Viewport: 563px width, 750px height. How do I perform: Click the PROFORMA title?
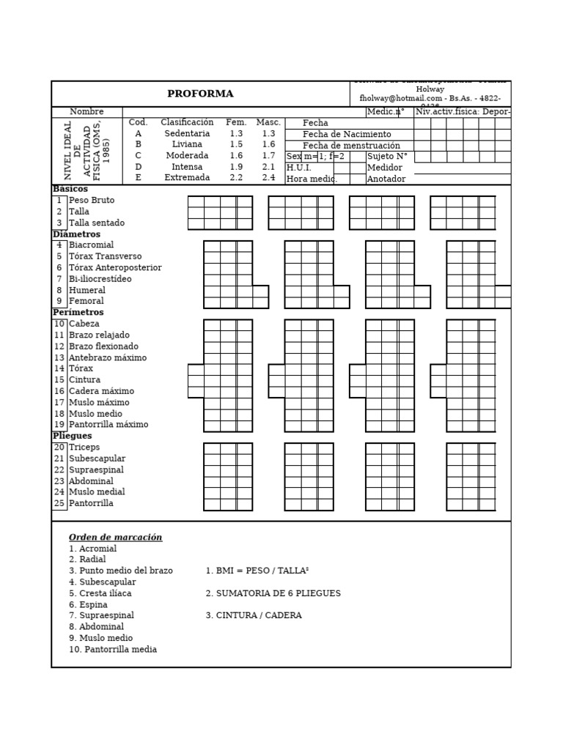[x=200, y=94]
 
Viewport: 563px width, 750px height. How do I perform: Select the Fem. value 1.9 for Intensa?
[x=235, y=167]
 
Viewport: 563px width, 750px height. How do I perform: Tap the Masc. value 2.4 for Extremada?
[x=268, y=178]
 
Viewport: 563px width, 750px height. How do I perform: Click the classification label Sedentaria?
[x=187, y=134]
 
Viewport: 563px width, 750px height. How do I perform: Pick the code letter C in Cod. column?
[x=138, y=156]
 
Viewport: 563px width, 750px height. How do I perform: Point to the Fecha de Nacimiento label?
[x=347, y=135]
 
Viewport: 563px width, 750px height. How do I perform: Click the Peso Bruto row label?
[x=92, y=201]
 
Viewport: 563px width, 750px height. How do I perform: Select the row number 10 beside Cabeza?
[x=59, y=324]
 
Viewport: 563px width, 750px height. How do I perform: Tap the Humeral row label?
[x=87, y=291]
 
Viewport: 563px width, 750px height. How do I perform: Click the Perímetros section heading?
[x=78, y=313]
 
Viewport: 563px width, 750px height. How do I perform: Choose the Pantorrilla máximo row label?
[x=108, y=425]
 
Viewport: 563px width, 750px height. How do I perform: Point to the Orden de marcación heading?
[x=115, y=538]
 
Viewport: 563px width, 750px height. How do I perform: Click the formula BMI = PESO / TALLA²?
[x=257, y=571]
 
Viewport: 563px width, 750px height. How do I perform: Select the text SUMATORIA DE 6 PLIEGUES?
[x=273, y=593]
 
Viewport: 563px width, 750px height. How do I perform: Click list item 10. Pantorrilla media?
[x=113, y=650]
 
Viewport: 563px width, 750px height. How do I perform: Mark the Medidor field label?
[x=384, y=168]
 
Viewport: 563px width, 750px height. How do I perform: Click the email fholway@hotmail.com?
[x=400, y=98]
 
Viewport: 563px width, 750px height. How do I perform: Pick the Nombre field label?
[x=87, y=112]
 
